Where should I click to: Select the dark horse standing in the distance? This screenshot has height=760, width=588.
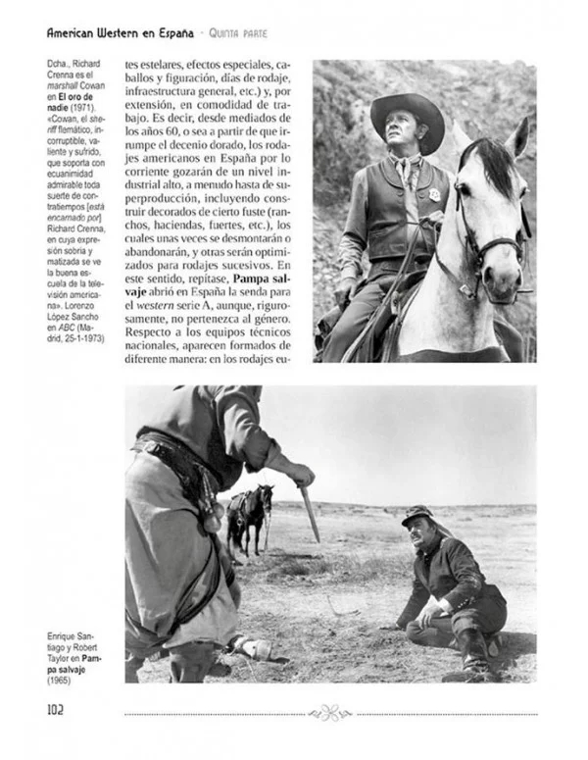point(249,515)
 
